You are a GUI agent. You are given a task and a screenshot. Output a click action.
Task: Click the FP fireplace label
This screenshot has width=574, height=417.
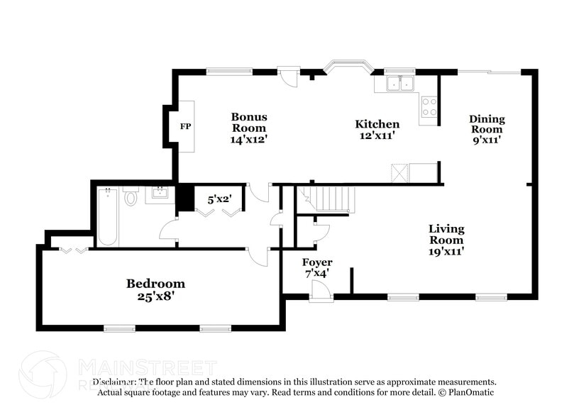pos(186,127)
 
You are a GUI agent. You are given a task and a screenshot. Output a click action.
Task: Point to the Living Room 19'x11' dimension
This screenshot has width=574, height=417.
pos(446,251)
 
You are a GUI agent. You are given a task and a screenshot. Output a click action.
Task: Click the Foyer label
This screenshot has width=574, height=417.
pos(317,263)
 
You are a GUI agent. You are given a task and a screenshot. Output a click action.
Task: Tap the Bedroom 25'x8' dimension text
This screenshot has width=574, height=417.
pos(155,296)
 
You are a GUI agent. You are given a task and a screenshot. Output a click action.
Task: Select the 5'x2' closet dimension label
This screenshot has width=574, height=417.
pos(219,199)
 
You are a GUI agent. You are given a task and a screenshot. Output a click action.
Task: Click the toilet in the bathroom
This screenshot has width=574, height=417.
pos(131,196)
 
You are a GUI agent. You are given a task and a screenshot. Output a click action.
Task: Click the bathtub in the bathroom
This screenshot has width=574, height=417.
pos(108,216)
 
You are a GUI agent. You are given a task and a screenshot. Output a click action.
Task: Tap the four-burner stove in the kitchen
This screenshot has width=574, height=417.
pos(429,107)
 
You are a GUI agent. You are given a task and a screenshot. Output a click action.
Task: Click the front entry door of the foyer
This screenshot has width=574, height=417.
pos(320,291)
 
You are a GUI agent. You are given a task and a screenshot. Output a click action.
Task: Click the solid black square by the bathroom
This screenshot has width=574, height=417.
pos(184,197)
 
